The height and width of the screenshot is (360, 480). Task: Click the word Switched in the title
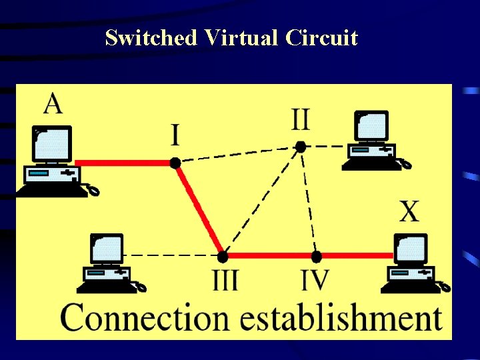pos(151,38)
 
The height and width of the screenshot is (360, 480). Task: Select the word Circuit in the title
pos(321,38)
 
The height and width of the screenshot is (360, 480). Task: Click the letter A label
pos(53,104)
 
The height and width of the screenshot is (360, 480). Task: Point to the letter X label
pos(409,211)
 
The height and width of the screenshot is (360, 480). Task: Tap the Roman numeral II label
pos(300,120)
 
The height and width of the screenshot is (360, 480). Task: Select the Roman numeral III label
pos(225,279)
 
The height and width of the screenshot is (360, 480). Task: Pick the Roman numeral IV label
pos(315,279)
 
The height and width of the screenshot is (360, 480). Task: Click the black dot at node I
pos(175,162)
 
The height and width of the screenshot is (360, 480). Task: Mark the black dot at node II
pos(301,146)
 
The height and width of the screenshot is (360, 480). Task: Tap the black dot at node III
pos(223,255)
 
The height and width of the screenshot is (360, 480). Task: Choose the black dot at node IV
pos(317,255)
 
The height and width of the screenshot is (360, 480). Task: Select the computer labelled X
pos(413,263)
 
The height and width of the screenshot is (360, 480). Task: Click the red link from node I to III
pos(199,209)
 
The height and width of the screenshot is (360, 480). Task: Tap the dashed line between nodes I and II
pos(237,154)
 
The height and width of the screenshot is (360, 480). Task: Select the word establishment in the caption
pos(341,317)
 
